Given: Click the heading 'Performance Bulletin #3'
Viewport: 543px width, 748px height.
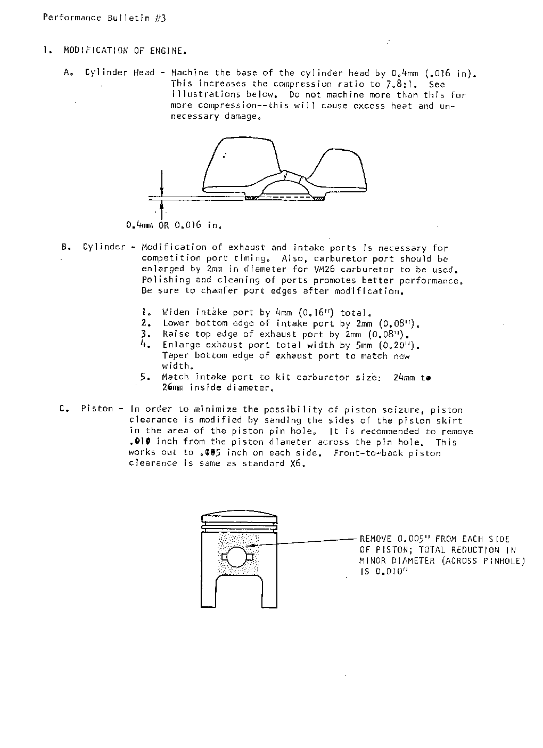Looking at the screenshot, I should (104, 18).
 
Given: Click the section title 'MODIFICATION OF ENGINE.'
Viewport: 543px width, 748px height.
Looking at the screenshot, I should (125, 51).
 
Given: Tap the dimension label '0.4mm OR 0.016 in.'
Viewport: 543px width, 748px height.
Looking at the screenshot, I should (174, 225).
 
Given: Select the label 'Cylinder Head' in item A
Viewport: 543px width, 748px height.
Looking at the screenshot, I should (119, 72).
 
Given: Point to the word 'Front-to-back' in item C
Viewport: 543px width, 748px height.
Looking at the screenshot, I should (368, 453).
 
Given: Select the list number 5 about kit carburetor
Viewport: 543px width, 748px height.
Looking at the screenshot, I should (145, 377).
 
